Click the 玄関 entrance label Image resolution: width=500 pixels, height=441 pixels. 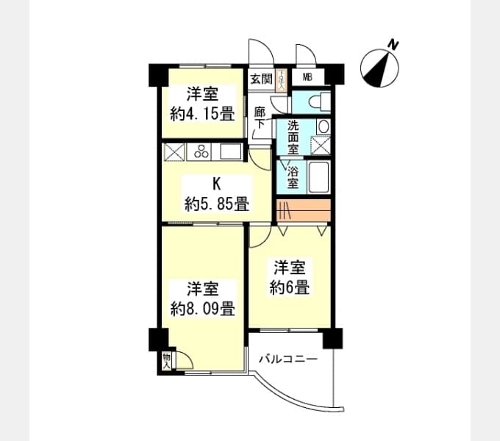[x=260, y=79]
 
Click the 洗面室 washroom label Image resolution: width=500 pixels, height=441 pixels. [x=293, y=137]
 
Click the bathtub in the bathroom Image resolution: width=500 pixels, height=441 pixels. [x=318, y=177]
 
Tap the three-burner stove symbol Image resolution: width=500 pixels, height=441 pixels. [x=201, y=152]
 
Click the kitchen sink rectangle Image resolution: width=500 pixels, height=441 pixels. [x=230, y=152]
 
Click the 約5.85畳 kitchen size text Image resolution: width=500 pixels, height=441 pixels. [x=217, y=204]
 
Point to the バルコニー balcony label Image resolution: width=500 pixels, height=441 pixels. [x=287, y=360]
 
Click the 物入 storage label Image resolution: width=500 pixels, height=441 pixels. [x=167, y=360]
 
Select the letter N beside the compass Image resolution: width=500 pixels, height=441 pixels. [x=393, y=45]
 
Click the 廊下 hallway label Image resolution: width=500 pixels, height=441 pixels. [x=260, y=118]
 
